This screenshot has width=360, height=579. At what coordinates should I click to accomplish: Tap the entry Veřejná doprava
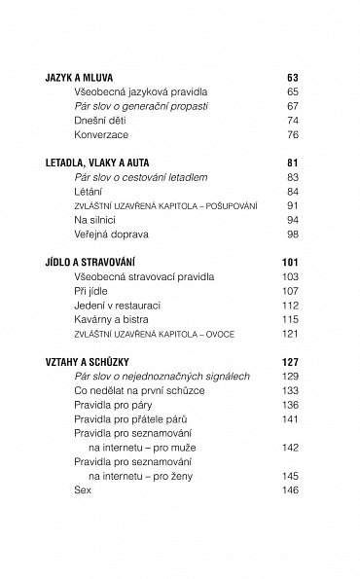(x=112, y=236)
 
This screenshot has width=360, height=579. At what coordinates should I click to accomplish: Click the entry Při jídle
(x=92, y=291)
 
